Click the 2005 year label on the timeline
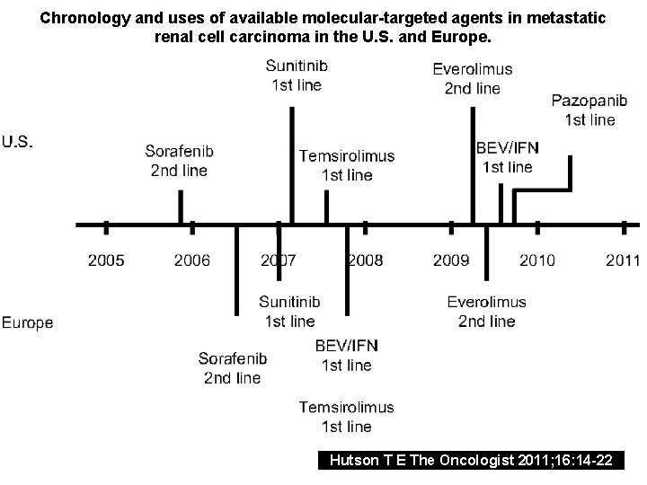[106, 260]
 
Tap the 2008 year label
[365, 260]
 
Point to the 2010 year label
[536, 260]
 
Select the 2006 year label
[192, 260]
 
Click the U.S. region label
[19, 141]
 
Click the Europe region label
[28, 322]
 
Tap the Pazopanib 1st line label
[583, 109]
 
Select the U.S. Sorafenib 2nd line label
[179, 161]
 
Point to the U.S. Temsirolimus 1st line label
[347, 165]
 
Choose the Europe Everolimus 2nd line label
[486, 312]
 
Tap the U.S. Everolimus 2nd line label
[473, 78]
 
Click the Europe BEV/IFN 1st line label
[347, 356]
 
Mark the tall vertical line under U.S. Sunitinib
[292, 166]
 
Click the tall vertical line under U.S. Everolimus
[473, 166]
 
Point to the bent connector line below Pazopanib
[543, 190]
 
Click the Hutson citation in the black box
[472, 461]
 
